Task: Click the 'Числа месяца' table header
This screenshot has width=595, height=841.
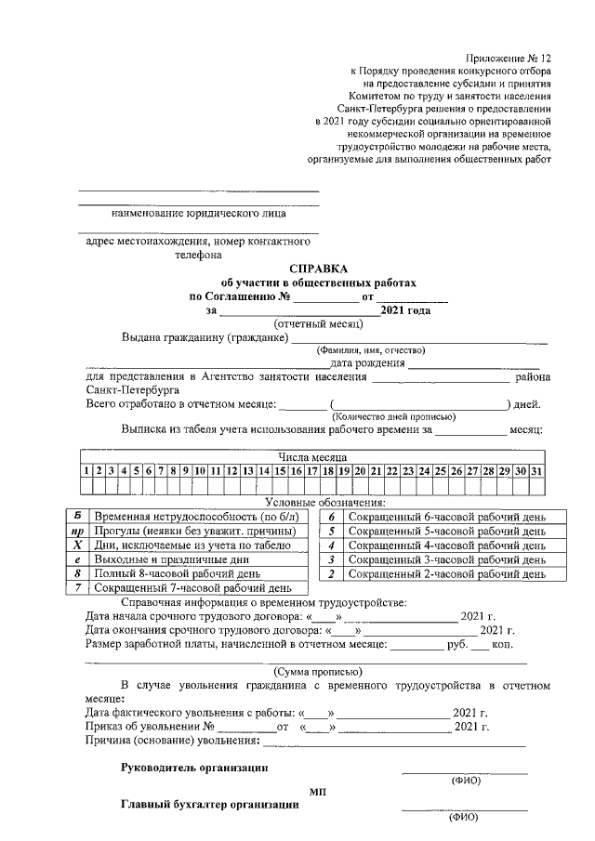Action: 312,458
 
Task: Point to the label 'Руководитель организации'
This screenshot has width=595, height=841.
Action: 195,768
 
